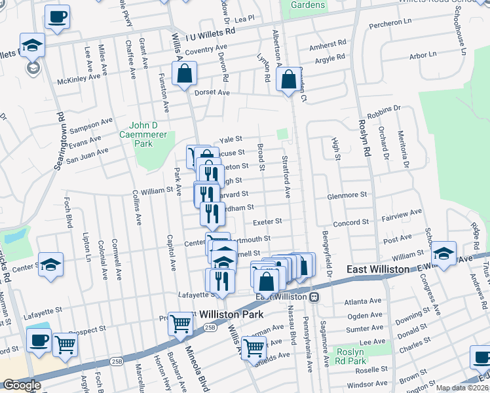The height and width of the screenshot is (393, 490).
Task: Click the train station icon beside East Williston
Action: point(314,297)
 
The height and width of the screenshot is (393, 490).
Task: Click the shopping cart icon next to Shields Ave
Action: point(254,349)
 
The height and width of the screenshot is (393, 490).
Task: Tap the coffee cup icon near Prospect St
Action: point(38,341)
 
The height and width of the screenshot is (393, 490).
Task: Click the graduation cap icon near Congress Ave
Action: point(443,255)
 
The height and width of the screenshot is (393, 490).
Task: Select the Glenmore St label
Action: point(348,195)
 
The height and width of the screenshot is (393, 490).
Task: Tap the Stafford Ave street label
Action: point(286,177)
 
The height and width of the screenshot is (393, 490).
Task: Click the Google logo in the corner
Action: point(22,385)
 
